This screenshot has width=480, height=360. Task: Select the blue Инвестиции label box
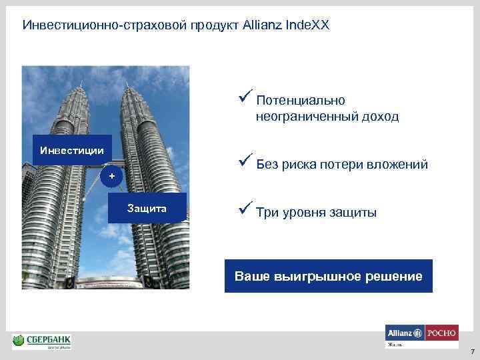(x=72, y=150)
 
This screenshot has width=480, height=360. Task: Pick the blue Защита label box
(x=147, y=208)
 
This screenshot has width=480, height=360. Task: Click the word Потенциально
(x=300, y=101)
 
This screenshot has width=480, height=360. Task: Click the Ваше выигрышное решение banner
(x=328, y=276)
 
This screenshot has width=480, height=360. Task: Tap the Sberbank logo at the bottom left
(x=42, y=342)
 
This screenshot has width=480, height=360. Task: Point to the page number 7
(x=471, y=351)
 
